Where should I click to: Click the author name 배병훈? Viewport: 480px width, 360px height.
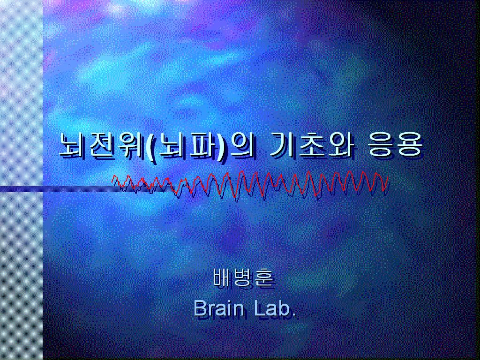(x=243, y=277)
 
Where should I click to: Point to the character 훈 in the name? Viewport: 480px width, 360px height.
(x=264, y=277)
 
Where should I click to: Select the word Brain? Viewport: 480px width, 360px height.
(x=218, y=308)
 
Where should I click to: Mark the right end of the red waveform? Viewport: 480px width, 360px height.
(x=388, y=177)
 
